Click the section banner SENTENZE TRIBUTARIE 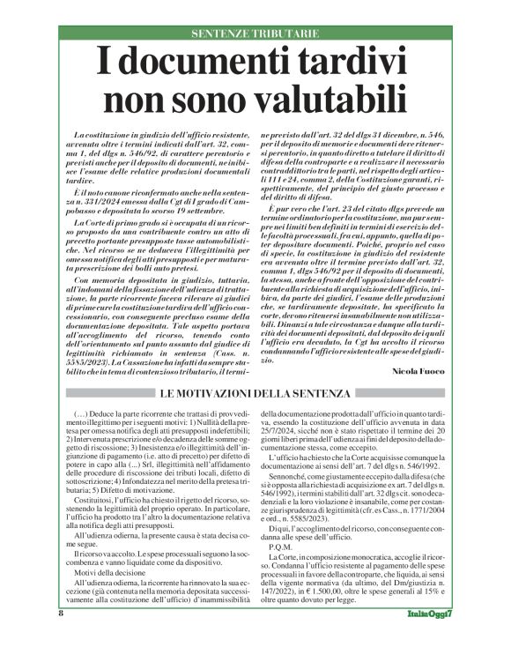click(255, 34)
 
